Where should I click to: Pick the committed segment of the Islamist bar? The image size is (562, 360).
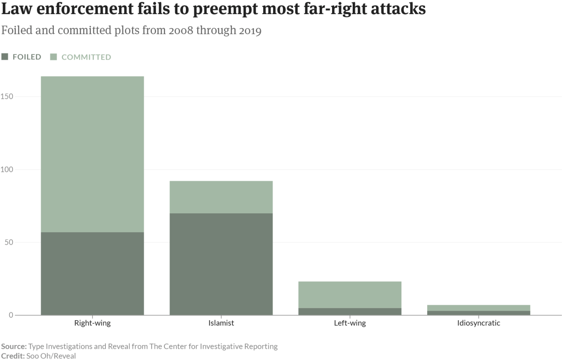(x=221, y=197)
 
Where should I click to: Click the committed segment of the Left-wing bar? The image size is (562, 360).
(x=350, y=294)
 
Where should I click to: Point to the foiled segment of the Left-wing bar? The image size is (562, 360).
(x=350, y=311)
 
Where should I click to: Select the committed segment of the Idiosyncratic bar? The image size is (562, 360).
(x=479, y=308)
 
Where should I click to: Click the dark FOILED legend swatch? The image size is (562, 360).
(x=5, y=57)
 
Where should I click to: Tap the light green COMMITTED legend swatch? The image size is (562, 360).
(x=53, y=57)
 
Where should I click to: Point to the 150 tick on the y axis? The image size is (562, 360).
(x=7, y=97)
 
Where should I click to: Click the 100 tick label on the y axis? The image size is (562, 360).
(x=7, y=169)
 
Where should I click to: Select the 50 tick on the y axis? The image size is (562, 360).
(x=8, y=242)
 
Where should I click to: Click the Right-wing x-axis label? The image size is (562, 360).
(x=92, y=323)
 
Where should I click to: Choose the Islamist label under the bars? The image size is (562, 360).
(x=221, y=323)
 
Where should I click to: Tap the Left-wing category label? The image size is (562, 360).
(x=350, y=323)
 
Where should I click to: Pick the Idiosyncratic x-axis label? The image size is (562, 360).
(x=479, y=323)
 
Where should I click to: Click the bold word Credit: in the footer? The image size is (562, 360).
(x=13, y=356)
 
